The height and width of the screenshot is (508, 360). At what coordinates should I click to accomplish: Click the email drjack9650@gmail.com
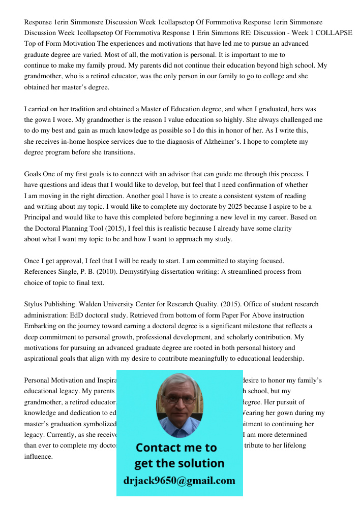tap(179, 481)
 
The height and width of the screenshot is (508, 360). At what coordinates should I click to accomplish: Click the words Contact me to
tap(176, 448)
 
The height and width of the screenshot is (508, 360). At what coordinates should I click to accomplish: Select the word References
tap(40, 272)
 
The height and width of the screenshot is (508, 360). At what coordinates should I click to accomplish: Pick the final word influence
tap(39, 456)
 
